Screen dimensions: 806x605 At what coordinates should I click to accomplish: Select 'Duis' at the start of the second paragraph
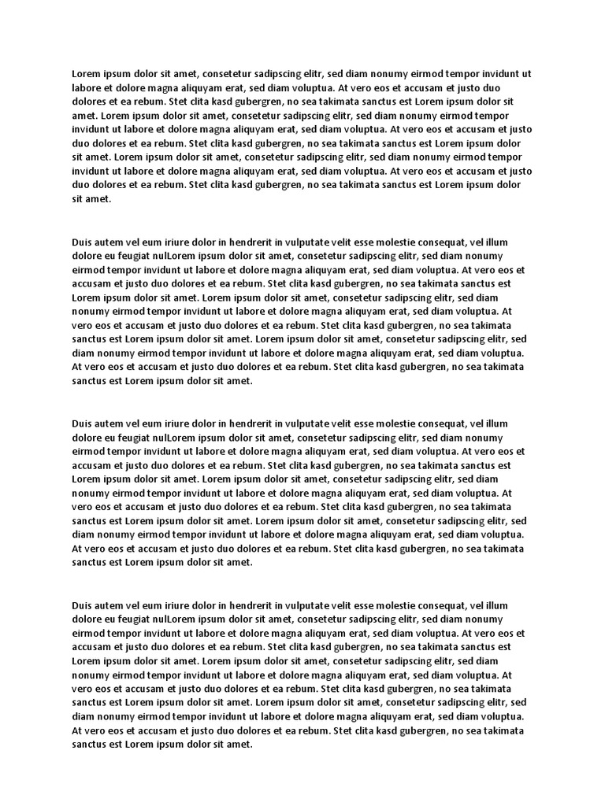pos(83,242)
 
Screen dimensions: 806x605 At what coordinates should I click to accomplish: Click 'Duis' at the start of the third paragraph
pos(83,423)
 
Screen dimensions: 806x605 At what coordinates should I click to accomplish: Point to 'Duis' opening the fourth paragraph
pos(83,605)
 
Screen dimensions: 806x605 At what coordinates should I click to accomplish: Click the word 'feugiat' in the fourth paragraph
pos(129,619)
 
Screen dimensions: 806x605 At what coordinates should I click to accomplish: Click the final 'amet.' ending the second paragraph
pos(239,381)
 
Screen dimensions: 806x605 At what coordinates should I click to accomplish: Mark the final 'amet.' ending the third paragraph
pos(239,563)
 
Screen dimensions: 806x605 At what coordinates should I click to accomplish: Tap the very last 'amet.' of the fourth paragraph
pos(239,745)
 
